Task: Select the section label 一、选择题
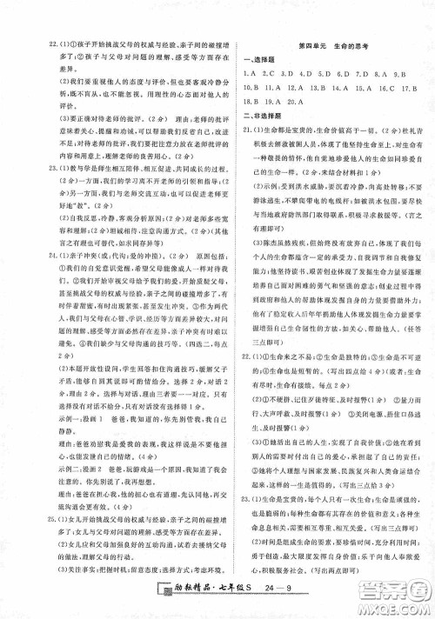coord(262,59)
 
